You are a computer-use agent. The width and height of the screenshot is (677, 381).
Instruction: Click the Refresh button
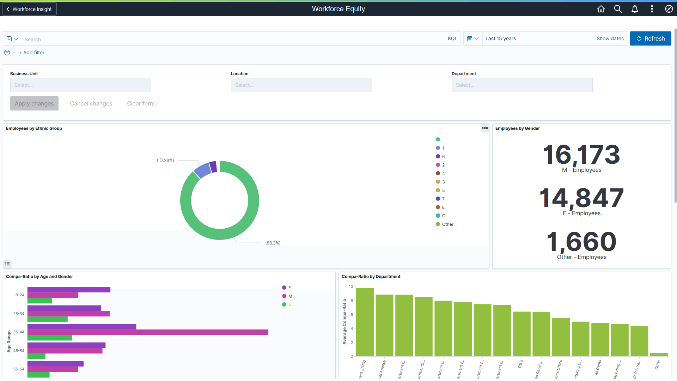coord(650,38)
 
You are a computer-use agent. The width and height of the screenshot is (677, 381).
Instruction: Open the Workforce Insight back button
coord(29,9)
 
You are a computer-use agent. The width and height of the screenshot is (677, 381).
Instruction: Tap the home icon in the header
coord(601,9)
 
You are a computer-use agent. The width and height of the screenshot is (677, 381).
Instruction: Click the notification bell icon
coord(635,9)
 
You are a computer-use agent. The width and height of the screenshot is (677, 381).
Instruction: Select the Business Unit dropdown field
coord(80,85)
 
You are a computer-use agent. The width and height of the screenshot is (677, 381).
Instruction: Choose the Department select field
coord(522,85)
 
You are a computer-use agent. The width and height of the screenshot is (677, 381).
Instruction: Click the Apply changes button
coord(34,103)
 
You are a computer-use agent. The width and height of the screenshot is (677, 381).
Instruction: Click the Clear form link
coord(141,103)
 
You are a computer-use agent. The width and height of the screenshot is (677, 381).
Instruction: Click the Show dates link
coord(610,38)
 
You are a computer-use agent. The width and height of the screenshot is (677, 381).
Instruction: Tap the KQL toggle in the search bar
coord(452,38)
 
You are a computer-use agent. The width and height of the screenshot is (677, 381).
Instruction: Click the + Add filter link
coord(32,53)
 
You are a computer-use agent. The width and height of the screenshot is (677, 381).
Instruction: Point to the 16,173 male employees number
coord(581,155)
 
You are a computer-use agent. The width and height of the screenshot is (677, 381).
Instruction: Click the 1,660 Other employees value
coord(581,242)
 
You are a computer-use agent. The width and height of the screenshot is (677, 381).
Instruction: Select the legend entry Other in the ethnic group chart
coord(447,224)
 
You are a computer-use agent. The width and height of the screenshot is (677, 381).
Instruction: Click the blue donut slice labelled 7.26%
coord(203,170)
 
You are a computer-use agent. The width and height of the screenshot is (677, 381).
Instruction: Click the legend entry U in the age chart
coord(289,305)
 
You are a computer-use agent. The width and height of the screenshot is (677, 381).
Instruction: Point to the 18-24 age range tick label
coord(19,295)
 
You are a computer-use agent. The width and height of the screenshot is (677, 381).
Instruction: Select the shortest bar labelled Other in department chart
coord(659,355)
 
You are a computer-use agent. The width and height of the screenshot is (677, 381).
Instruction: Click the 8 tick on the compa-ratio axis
coord(352,301)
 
